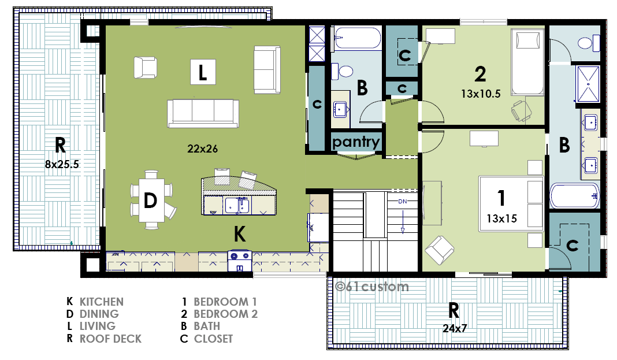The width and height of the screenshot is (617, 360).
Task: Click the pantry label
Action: (356, 142)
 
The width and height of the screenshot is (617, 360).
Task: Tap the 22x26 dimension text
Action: (202, 149)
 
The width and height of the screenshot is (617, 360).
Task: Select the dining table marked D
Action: (151, 200)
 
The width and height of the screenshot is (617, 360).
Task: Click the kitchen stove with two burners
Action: (240, 261)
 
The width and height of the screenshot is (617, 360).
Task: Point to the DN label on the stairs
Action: (403, 202)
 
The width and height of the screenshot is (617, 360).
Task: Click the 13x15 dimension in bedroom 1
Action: (501, 218)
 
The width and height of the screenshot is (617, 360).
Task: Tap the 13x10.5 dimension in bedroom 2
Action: (481, 94)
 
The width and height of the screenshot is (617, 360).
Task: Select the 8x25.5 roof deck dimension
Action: (62, 164)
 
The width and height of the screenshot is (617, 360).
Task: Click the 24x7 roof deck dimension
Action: (455, 328)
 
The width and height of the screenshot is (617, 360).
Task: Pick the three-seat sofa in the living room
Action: (203, 113)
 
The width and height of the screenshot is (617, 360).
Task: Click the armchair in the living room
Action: (145, 67)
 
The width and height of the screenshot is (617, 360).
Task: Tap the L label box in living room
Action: (203, 72)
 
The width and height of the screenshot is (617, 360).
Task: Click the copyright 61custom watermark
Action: (372, 287)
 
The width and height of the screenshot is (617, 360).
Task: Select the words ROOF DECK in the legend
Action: (110, 339)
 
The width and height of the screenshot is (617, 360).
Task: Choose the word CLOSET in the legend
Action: (213, 339)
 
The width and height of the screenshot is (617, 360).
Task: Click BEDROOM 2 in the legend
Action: (225, 314)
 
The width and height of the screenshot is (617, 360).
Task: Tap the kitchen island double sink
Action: (237, 205)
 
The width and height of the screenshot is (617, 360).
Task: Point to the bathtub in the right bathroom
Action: (574, 195)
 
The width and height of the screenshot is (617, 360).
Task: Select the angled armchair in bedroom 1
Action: (440, 250)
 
